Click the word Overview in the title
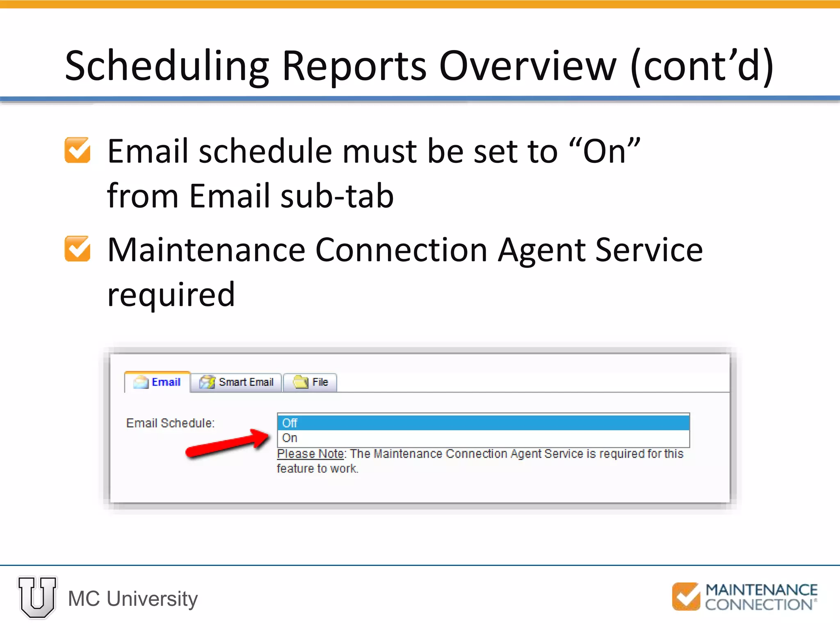(x=527, y=66)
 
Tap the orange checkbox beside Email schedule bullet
(x=78, y=150)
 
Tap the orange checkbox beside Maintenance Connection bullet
(x=78, y=249)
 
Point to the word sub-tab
(x=337, y=196)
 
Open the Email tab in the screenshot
(x=158, y=382)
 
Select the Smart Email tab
(x=237, y=382)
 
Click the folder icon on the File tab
(x=300, y=382)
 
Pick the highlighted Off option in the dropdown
(x=483, y=422)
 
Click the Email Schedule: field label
(x=170, y=423)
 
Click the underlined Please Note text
(x=311, y=454)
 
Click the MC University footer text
(x=133, y=598)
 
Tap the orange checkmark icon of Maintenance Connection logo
(x=686, y=596)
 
